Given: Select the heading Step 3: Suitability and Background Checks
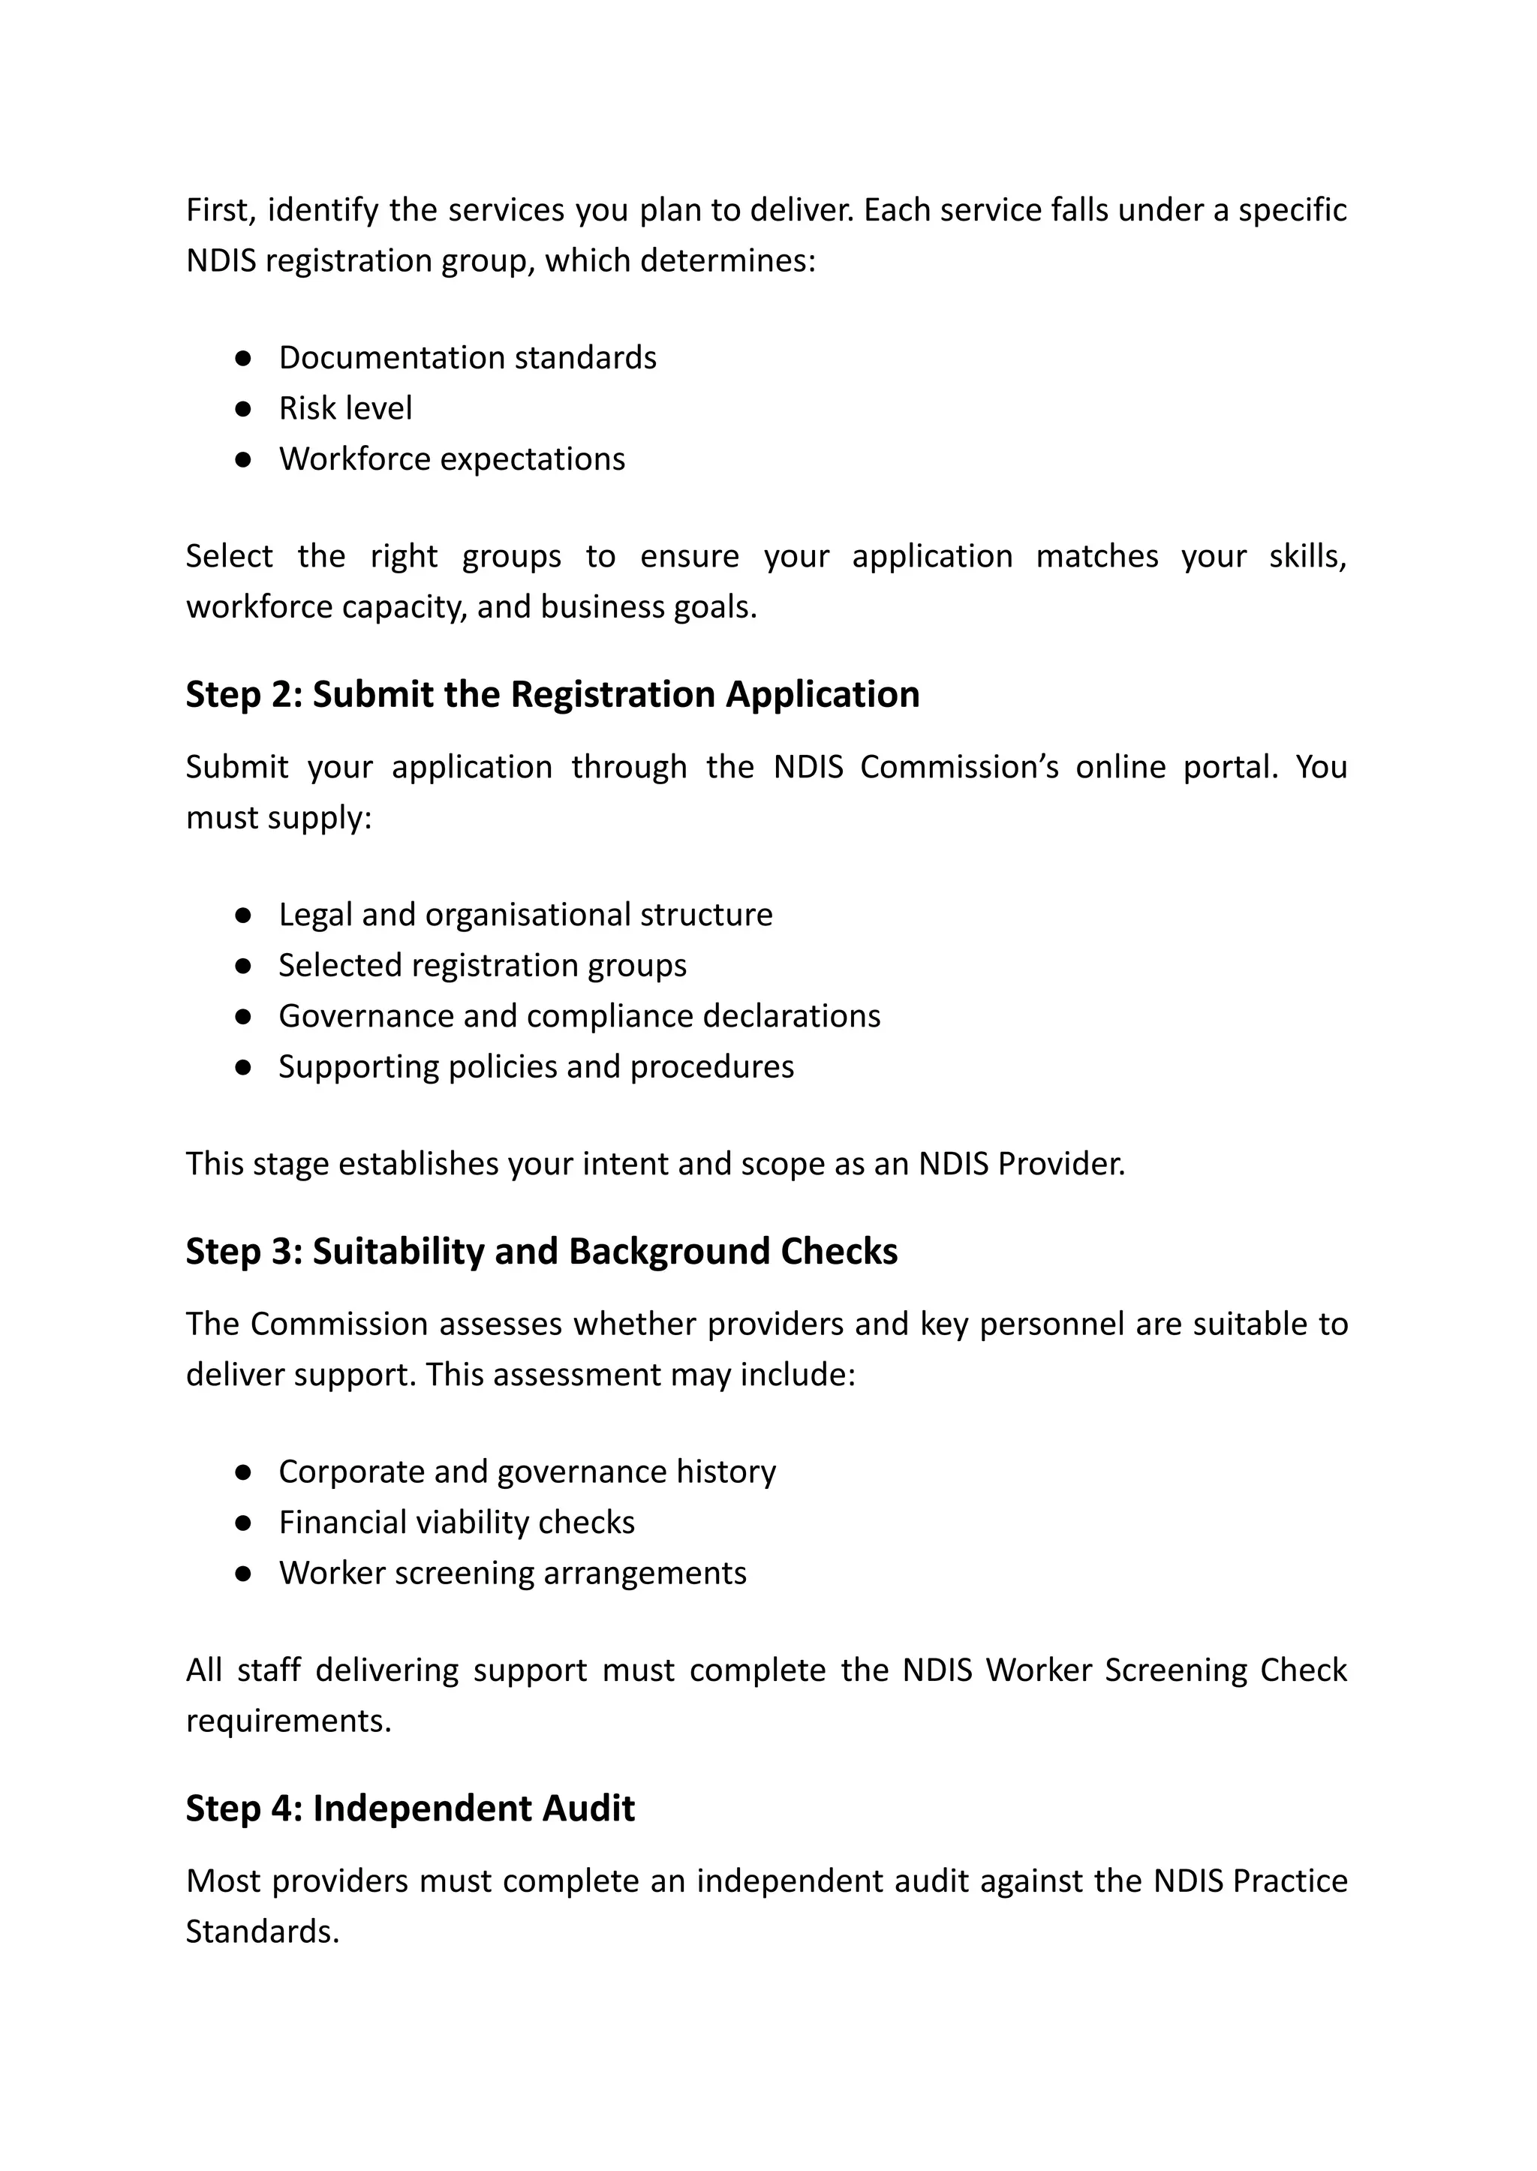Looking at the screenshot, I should pos(541,1251).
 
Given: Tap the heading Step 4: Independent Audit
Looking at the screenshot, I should pos(410,1809).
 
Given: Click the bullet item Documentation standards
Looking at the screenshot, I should pos(467,358).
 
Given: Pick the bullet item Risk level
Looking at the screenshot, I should pos(345,408).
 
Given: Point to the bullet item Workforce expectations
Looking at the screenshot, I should pos(452,459).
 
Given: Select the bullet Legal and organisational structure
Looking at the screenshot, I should pos(525,914).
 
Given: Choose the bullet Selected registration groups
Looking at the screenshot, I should pos(482,965).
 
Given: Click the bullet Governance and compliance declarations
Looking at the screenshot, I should pos(579,1015).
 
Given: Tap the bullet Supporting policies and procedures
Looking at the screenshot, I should pos(536,1066).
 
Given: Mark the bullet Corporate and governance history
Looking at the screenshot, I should pos(527,1472).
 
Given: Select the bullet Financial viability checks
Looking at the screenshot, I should pos(456,1522).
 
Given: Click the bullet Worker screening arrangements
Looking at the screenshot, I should pos(512,1573).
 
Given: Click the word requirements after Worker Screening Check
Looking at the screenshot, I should pos(287,1721).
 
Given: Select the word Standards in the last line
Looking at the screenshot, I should pos(261,1932).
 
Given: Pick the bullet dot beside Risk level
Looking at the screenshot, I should pos(243,409).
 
